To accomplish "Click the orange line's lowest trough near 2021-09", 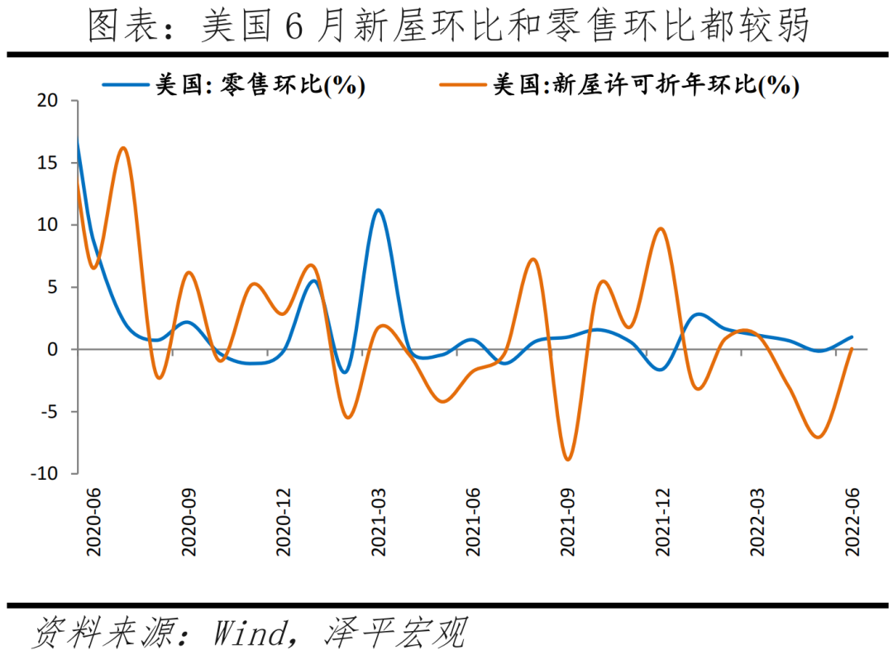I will (x=567, y=459).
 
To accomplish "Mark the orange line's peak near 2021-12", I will (x=661, y=229).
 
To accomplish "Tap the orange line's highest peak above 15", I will (x=123, y=148).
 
